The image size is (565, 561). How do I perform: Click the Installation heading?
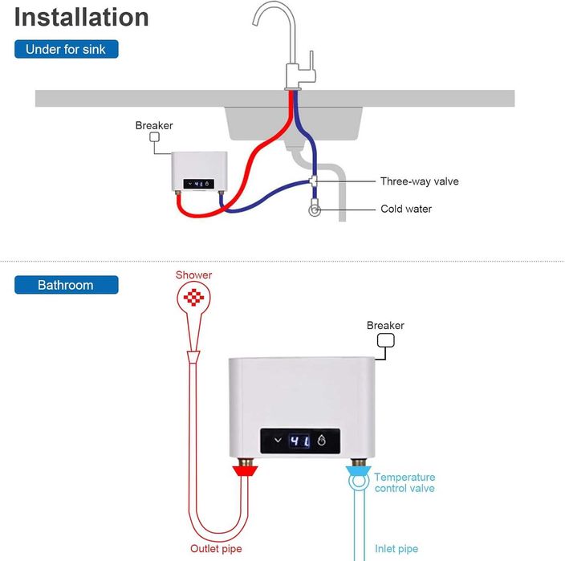click(x=82, y=17)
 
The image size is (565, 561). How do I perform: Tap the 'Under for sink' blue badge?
click(x=66, y=49)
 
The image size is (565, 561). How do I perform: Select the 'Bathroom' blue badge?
click(x=66, y=285)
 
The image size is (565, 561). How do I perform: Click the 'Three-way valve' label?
click(x=420, y=181)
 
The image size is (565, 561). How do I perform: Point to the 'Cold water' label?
click(x=406, y=209)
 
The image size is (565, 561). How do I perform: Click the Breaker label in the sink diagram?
click(x=154, y=125)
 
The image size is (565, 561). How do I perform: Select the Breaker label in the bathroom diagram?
click(x=385, y=325)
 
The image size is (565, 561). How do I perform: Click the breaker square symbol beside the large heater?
click(x=386, y=341)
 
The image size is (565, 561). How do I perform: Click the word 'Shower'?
click(x=194, y=275)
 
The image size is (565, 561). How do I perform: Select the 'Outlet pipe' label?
click(x=216, y=549)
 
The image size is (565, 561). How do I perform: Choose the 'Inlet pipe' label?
click(x=396, y=549)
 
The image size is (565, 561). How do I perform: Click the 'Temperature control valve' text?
click(x=404, y=482)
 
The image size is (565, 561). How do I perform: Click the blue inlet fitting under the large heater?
click(x=357, y=470)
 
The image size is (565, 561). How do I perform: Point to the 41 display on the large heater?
click(x=299, y=441)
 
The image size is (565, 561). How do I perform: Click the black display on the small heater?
click(x=198, y=183)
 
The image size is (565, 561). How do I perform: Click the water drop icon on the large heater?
click(x=322, y=441)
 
